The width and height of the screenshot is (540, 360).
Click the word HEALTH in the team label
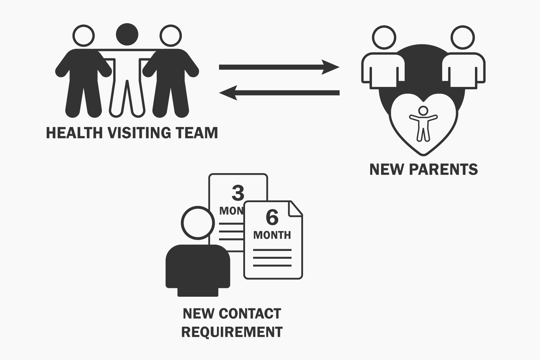[74, 133]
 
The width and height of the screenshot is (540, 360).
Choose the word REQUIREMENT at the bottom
[232, 332]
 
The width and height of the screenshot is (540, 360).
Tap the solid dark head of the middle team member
[127, 34]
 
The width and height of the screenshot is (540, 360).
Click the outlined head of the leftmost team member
[84, 36]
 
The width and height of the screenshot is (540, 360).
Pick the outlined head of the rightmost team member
[171, 36]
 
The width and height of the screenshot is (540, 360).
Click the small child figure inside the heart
[423, 123]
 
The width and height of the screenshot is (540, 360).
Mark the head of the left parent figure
[384, 37]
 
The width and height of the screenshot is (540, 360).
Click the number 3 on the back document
[238, 193]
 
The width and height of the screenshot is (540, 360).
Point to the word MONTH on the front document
[272, 235]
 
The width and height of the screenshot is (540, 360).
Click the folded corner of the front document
[295, 209]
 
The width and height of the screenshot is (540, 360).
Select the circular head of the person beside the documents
[198, 223]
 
